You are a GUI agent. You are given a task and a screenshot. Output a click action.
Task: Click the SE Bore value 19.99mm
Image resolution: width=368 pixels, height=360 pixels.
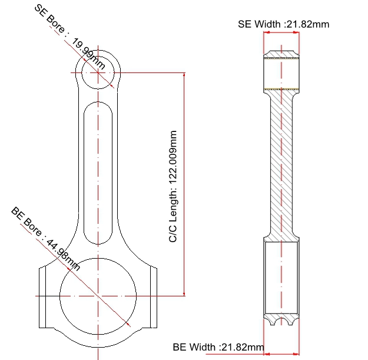pyautogui.click(x=88, y=54)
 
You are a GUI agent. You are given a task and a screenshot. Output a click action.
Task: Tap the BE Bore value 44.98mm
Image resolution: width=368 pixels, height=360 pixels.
pyautogui.click(x=62, y=255)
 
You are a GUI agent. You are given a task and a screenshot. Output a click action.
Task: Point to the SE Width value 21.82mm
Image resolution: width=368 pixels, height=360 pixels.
pyautogui.click(x=308, y=24)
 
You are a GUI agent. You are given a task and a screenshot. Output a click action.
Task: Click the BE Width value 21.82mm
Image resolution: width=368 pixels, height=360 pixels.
pyautogui.click(x=243, y=347)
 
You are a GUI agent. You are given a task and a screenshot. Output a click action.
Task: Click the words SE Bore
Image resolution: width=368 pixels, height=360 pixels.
pyautogui.click(x=49, y=19)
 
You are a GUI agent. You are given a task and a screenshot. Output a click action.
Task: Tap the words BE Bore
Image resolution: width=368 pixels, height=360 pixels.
pyautogui.click(x=26, y=222)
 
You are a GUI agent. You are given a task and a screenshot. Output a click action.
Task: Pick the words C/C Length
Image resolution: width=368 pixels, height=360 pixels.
pyautogui.click(x=173, y=216)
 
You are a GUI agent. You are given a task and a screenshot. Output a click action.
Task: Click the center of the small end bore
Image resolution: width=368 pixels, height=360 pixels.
pyautogui.click(x=98, y=73)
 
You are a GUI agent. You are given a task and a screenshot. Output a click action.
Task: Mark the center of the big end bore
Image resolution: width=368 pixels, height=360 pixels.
pyautogui.click(x=98, y=296)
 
